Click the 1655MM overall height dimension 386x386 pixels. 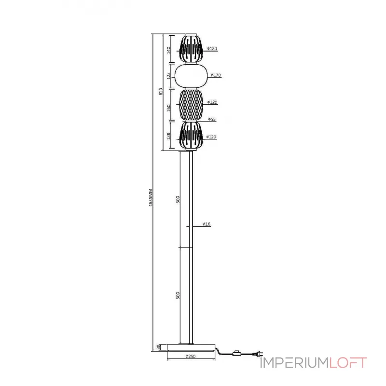tap(151, 198)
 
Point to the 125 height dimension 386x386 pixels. tap(169, 76)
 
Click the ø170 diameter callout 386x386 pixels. tap(216, 75)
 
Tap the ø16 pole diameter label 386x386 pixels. tap(207, 224)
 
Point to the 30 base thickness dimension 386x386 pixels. tap(158, 347)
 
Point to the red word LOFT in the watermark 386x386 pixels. tap(348, 362)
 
